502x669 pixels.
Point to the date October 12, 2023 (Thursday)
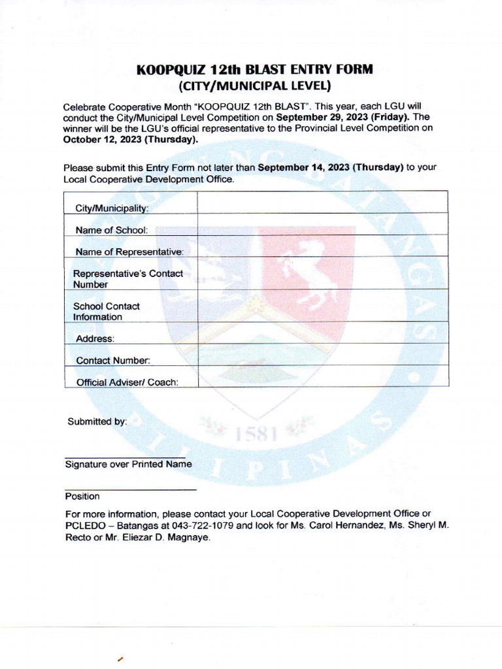[130, 139]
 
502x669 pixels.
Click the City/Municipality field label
[112, 208]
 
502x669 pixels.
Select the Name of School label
[111, 230]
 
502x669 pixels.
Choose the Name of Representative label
[129, 252]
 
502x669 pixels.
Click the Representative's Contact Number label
[127, 279]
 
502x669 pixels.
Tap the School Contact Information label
[106, 311]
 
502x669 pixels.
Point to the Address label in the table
[95, 338]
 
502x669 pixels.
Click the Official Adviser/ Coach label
[127, 382]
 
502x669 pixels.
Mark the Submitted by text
[97, 422]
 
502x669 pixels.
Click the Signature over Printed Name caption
[128, 464]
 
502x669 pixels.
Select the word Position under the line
[82, 497]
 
